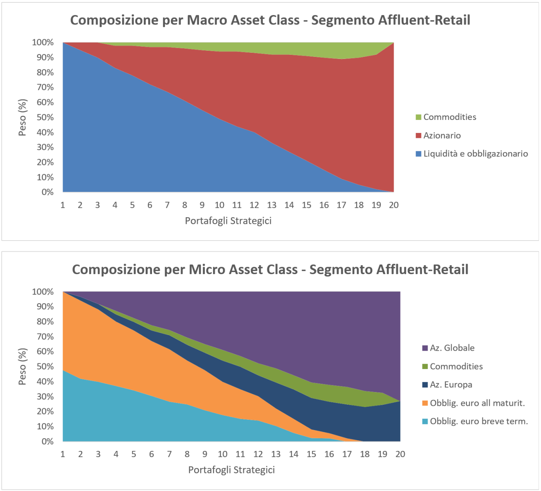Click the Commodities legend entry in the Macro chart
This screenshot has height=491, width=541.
(x=446, y=117)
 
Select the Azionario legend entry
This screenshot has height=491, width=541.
(x=438, y=135)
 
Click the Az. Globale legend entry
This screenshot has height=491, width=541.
(x=448, y=348)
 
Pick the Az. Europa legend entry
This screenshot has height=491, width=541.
(x=447, y=385)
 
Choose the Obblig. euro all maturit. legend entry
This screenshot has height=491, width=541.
(x=473, y=403)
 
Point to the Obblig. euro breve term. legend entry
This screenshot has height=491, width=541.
(x=475, y=421)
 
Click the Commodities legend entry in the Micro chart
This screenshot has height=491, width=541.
(x=453, y=366)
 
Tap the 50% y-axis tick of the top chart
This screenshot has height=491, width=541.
(x=45, y=117)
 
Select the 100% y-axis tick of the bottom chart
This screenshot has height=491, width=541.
(x=43, y=292)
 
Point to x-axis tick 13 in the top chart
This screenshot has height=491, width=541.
(x=272, y=205)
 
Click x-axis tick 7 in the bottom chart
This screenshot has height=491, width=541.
(x=170, y=454)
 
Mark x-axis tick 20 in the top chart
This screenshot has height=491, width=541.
(x=394, y=205)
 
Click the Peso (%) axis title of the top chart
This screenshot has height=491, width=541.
(x=23, y=117)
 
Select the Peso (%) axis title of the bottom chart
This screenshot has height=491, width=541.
(x=23, y=367)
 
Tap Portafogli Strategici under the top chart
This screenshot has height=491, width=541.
(x=228, y=221)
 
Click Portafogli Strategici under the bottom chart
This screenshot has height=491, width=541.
(x=231, y=470)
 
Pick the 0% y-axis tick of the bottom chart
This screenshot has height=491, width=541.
(x=48, y=441)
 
